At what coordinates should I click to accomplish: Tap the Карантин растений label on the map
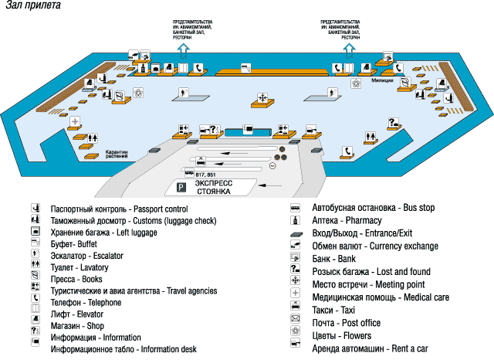117,155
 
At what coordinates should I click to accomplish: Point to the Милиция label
383,80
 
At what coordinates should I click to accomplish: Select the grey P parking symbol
182,188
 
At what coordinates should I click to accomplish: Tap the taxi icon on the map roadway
201,162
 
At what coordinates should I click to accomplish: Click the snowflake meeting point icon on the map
263,97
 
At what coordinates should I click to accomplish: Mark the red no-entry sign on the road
273,165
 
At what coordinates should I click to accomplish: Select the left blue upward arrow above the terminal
184,49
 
